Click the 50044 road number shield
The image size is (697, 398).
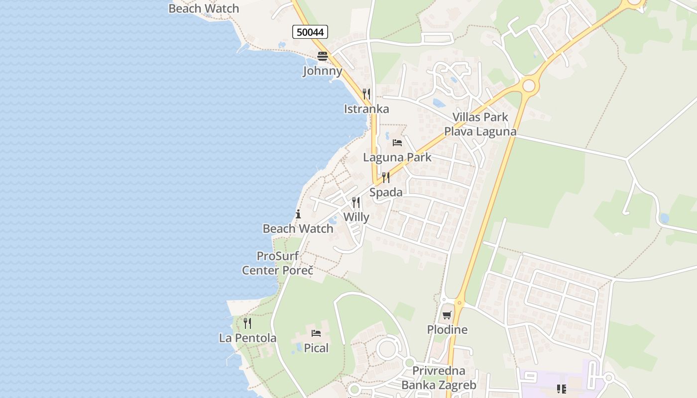tap(310, 32)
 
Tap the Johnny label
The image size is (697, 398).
tap(323, 71)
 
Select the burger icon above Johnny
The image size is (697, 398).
tap(323, 56)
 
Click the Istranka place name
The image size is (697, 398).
tap(366, 109)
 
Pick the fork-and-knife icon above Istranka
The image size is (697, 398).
tap(366, 94)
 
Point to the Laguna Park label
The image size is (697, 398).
tap(397, 157)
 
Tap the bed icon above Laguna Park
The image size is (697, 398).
tap(397, 143)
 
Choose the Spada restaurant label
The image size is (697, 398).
tap(386, 192)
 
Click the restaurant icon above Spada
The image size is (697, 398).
tap(386, 178)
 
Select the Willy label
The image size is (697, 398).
tap(356, 217)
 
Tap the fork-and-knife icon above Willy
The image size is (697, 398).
tap(356, 202)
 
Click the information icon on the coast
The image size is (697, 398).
tap(298, 214)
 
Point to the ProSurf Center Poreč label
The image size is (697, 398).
tap(277, 264)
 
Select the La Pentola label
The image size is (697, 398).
tap(247, 338)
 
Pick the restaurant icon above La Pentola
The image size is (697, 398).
tap(247, 323)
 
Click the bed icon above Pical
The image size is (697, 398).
tap(316, 333)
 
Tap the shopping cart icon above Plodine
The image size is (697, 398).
tap(447, 315)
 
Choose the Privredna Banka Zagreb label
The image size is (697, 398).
tap(439, 378)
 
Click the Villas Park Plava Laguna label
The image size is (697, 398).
tap(480, 124)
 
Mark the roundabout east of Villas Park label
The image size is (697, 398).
tap(529, 86)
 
